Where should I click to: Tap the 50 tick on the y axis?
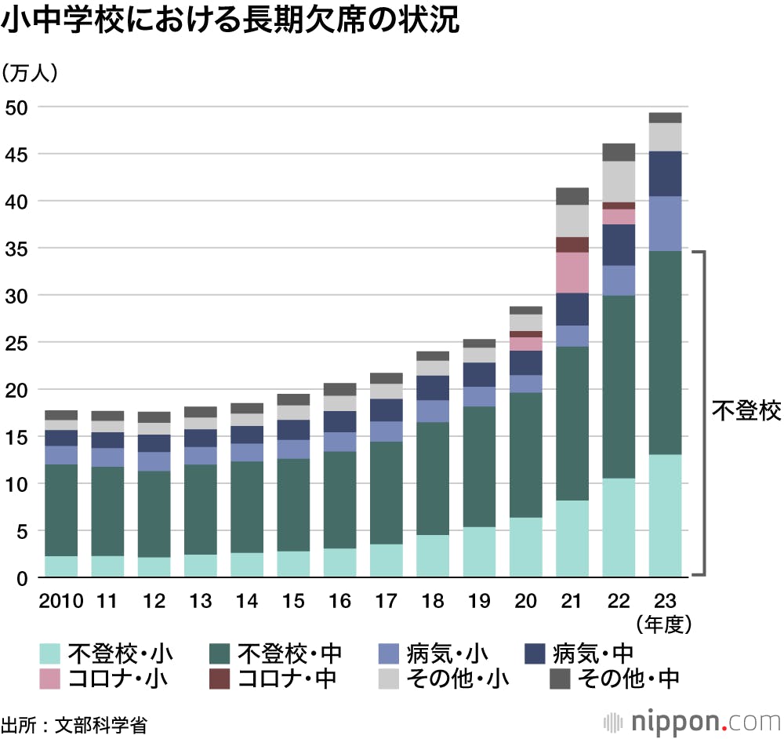17,107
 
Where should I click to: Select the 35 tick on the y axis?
17,249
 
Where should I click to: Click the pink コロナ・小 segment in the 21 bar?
572,272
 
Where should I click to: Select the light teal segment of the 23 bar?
665,515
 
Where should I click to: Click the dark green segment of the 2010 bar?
62,510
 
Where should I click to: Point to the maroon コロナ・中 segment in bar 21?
572,245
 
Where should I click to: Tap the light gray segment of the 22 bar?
619,181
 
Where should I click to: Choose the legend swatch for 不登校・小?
50,653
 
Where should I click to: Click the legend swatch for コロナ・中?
220,679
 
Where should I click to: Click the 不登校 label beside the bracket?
746,411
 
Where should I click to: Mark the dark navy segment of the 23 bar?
665,173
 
